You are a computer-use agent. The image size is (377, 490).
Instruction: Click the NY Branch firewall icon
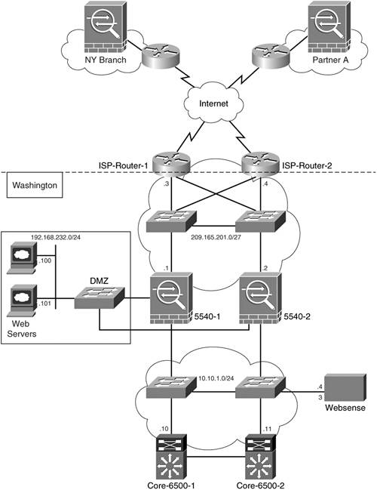pos(106,27)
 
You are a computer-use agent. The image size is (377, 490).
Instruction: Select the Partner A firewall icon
pos(329,27)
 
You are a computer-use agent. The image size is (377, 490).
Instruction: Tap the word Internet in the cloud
pos(214,103)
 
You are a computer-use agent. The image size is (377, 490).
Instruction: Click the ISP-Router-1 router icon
pos(171,162)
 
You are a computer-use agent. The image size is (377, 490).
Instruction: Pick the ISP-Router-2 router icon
pos(260,162)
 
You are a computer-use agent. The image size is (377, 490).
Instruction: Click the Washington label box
pos(35,185)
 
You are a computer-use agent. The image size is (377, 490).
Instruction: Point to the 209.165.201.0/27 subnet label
pos(216,237)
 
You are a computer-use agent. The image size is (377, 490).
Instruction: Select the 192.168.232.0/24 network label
pos(56,238)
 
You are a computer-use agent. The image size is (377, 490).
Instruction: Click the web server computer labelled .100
pos(22,258)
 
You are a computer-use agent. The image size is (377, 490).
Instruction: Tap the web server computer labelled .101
pos(22,301)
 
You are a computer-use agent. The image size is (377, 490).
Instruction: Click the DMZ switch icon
pos(100,297)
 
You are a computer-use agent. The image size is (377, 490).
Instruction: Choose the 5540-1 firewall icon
pos(171,298)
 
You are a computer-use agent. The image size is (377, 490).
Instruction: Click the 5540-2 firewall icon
pos(261,298)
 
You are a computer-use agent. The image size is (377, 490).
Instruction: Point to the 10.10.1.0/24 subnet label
pos(216,378)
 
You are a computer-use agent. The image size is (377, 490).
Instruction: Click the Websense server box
pos(345,388)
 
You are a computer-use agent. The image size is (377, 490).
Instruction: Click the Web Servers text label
pos(22,328)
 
